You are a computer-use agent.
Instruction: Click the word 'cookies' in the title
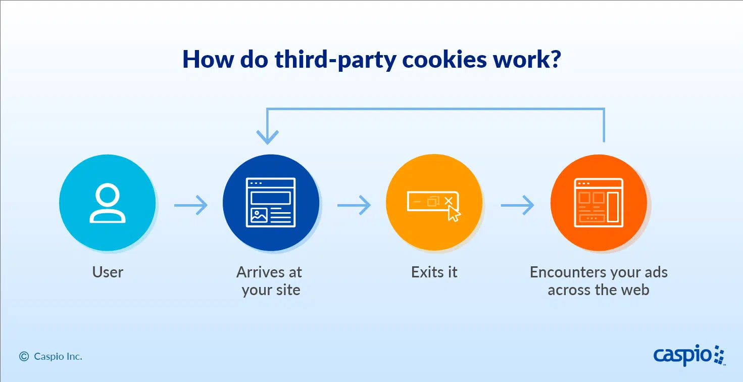click(444, 60)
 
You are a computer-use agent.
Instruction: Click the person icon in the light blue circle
click(108, 203)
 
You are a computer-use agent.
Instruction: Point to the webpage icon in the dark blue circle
click(271, 203)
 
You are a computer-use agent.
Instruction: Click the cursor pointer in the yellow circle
click(454, 213)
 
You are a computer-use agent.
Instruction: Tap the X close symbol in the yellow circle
click(449, 201)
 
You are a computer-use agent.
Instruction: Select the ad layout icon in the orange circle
click(599, 203)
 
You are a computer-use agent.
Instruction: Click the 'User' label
click(108, 272)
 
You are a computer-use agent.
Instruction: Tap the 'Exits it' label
click(434, 272)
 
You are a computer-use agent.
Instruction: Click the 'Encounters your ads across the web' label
click(599, 281)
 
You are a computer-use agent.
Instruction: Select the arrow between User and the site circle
click(191, 205)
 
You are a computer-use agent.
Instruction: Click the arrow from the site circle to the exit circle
click(354, 205)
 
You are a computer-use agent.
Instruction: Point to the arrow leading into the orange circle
click(517, 205)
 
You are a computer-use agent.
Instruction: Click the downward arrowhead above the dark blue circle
click(267, 137)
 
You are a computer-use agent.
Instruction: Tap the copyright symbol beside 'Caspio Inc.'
click(24, 356)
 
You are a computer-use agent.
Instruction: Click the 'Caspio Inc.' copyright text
click(58, 356)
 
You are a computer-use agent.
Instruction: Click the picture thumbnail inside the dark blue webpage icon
click(259, 215)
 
